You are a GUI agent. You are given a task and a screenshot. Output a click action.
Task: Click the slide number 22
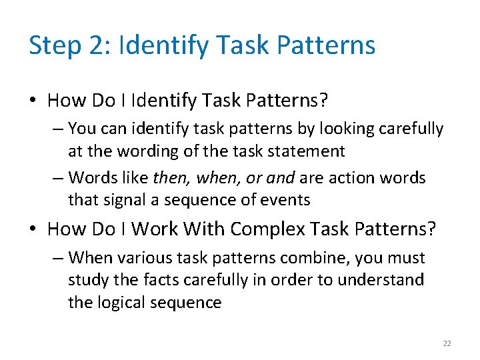(x=447, y=343)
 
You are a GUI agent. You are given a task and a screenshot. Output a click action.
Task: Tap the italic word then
(x=169, y=178)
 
